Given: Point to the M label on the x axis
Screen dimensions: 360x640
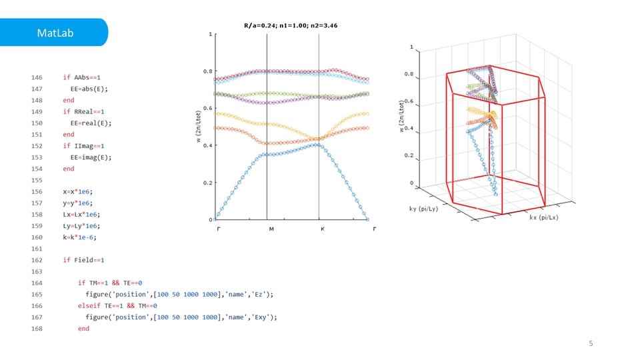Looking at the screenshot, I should (x=271, y=229).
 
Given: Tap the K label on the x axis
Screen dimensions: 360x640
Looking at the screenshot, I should (x=322, y=229).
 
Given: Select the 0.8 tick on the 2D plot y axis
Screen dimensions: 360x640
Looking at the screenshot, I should (x=207, y=71).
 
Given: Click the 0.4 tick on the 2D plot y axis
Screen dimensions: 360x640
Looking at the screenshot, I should (x=207, y=145).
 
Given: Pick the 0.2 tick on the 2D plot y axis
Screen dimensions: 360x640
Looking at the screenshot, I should (x=207, y=182).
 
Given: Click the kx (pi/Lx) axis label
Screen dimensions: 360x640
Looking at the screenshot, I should (x=544, y=217).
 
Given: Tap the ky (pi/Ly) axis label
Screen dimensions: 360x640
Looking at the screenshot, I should (x=423, y=209).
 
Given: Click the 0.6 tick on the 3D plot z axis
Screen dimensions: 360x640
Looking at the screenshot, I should (x=407, y=102).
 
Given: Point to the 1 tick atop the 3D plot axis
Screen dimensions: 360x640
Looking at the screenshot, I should (x=411, y=47).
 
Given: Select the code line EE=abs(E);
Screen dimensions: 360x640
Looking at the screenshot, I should (x=89, y=89).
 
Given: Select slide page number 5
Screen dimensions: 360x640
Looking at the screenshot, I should (x=590, y=343).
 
